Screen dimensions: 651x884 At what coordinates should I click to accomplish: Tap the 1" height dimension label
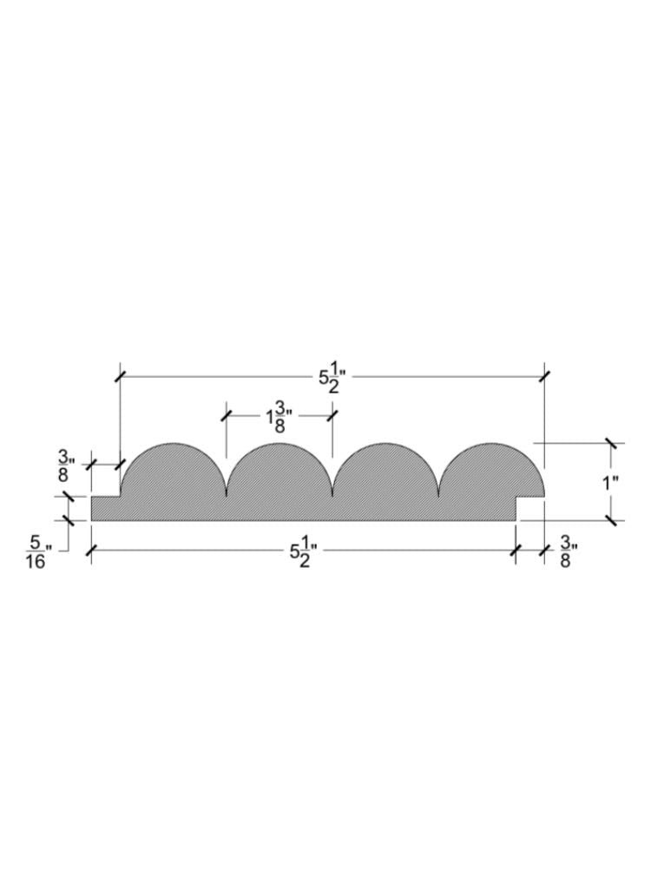tap(610, 483)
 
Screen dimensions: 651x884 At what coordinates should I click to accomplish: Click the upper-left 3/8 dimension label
tap(64, 465)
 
